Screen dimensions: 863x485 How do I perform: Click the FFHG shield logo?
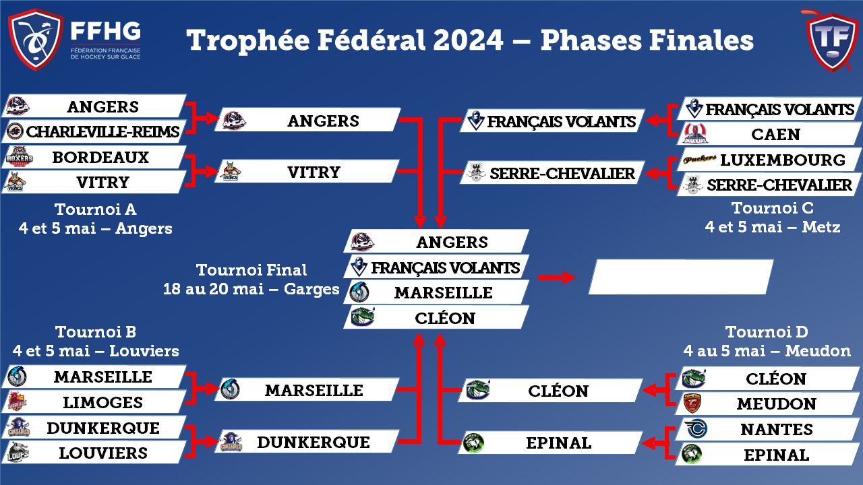click(x=36, y=39)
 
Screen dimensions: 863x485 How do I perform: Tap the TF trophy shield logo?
click(x=832, y=41)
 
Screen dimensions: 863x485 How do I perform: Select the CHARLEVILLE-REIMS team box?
click(x=94, y=131)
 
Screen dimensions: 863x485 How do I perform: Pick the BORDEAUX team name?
click(x=100, y=158)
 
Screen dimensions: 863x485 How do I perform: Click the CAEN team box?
click(x=769, y=134)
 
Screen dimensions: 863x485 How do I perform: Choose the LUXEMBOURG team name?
click(x=783, y=160)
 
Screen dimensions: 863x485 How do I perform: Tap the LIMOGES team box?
click(x=94, y=402)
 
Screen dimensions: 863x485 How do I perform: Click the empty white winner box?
click(x=681, y=277)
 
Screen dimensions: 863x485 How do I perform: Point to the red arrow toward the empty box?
click(x=557, y=277)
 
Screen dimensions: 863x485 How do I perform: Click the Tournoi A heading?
click(x=96, y=209)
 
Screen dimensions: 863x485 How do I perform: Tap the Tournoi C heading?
click(x=773, y=208)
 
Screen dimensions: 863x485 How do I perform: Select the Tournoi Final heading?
click(x=251, y=270)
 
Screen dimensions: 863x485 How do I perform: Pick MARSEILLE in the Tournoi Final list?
click(x=444, y=293)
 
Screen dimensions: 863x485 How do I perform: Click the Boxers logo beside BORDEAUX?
click(x=19, y=158)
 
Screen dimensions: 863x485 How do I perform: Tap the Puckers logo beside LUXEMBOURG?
click(x=700, y=158)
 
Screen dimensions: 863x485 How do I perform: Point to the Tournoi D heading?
click(x=767, y=332)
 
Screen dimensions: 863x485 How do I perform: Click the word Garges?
click(x=311, y=290)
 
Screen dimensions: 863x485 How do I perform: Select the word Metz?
click(x=821, y=227)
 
